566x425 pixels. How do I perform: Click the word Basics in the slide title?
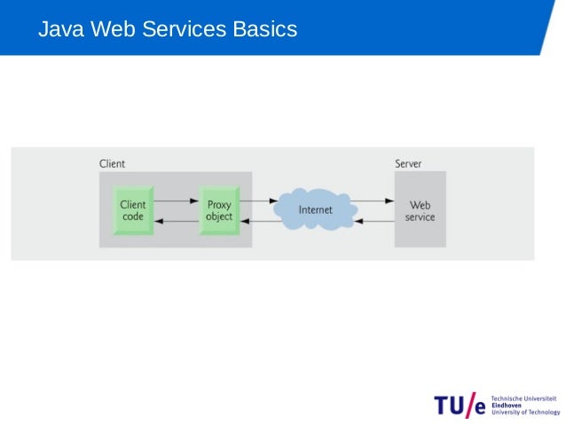[264, 30]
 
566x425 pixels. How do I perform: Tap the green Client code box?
[133, 210]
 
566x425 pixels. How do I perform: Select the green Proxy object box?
[218, 210]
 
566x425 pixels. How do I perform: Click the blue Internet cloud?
[315, 210]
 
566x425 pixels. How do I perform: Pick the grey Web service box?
[420, 210]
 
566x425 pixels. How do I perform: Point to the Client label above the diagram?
[112, 164]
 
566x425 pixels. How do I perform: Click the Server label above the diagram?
[408, 164]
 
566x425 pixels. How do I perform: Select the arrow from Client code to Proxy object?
[176, 201]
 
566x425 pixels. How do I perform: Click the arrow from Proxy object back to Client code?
[176, 221]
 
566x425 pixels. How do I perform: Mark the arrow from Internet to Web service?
[374, 201]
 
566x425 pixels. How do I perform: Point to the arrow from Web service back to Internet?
[374, 221]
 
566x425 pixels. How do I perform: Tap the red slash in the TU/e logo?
[470, 404]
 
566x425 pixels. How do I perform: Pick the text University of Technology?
[525, 413]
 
